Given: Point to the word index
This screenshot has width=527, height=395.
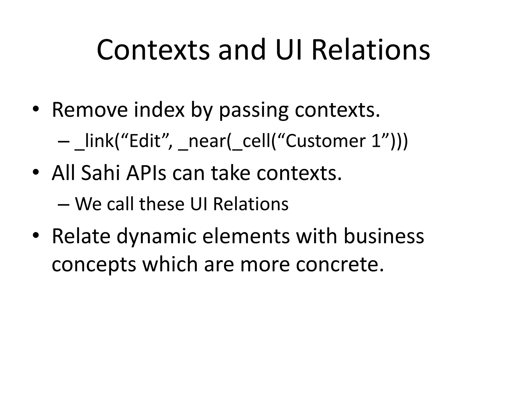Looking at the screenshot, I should point(159,110).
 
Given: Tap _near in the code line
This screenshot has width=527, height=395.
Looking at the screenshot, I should point(202,141).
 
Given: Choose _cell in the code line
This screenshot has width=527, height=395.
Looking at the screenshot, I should point(251,141).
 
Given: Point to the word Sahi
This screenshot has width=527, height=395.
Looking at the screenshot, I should point(101,173).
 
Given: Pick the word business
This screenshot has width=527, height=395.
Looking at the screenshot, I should point(384,236).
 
